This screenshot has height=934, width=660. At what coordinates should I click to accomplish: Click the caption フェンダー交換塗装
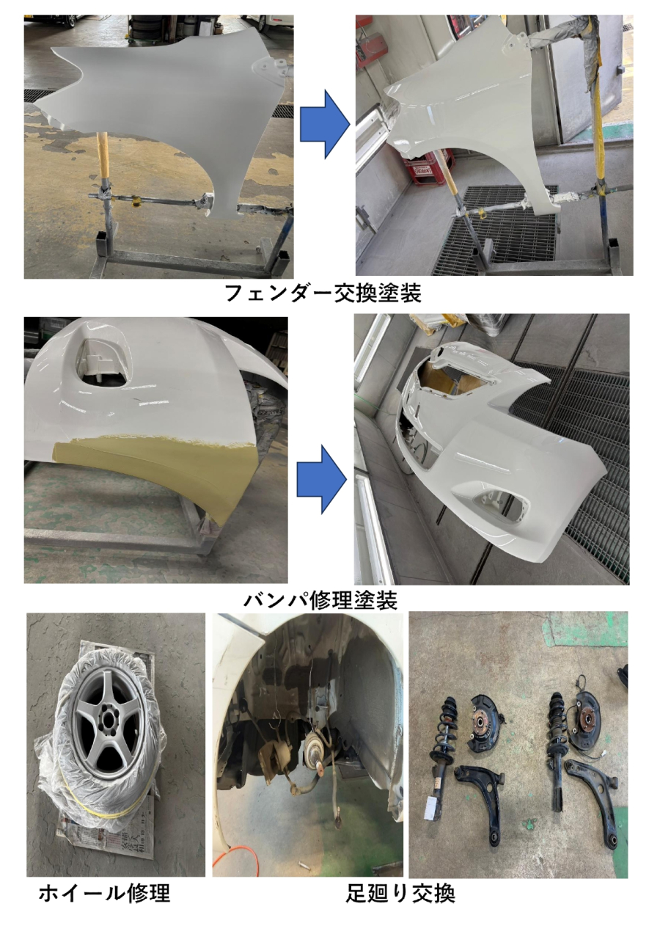323,293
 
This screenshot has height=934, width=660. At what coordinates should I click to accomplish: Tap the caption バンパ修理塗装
320,600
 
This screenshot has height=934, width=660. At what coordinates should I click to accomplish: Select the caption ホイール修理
105,893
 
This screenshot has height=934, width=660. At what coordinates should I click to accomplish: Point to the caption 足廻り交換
400,893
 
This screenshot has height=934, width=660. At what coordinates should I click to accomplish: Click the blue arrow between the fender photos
325,124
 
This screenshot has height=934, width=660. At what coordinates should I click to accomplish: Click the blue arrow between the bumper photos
322,479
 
